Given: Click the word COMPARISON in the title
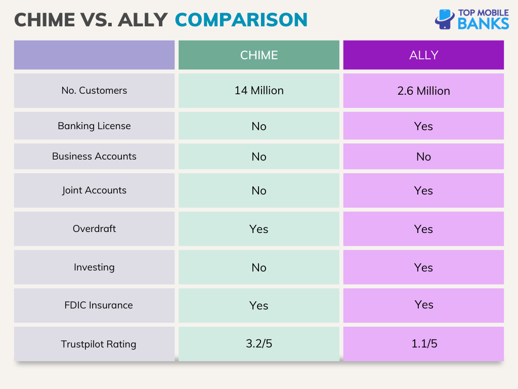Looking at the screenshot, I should coord(241,20).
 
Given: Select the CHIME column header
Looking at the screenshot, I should coord(259,55).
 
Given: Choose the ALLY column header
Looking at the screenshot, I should coord(423,55).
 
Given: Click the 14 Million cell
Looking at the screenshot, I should coord(259,91).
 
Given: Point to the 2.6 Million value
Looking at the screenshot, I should coord(423,91).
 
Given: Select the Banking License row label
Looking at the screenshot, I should coord(94,126).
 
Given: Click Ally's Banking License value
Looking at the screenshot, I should coord(423,126).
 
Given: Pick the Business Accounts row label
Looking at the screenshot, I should coord(94,157).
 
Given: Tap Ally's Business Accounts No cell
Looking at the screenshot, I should coord(423,157).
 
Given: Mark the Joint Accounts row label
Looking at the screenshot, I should coord(94,190).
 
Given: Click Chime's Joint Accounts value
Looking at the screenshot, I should coord(259,190).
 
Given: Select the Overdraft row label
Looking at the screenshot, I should coord(94,229).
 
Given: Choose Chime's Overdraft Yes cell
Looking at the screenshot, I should coord(259,229).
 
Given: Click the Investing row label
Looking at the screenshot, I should coord(94,267).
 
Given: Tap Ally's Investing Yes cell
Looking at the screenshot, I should coord(423,267).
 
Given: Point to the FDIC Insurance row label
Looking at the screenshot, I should coord(98,305).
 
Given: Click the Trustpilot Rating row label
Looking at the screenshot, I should coord(98,344).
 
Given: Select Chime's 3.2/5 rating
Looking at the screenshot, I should coord(259,344).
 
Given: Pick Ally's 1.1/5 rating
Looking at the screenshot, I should coord(423,344).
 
